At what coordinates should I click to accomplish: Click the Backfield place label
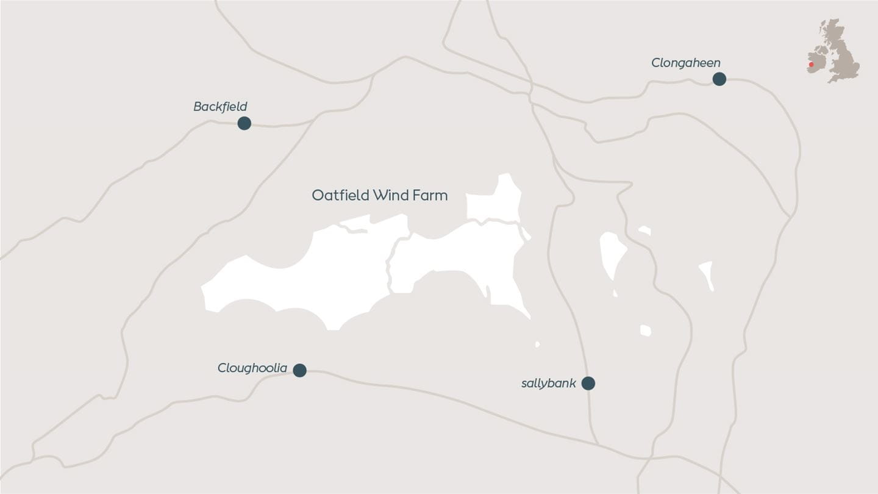point(220,107)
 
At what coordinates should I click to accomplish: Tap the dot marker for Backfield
point(244,123)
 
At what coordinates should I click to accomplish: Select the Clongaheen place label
point(685,63)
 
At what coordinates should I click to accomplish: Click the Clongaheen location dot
point(719,79)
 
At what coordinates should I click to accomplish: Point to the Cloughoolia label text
point(252,368)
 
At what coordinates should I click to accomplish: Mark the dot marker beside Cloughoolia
point(299,370)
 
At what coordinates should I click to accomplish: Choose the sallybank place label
point(548,384)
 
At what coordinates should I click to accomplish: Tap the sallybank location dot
point(588,383)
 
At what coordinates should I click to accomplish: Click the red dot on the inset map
point(811,65)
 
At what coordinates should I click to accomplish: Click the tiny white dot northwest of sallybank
point(537,345)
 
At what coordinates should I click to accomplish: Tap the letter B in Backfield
point(198,107)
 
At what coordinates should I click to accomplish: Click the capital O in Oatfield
point(317,195)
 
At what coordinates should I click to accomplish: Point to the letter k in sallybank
point(573,383)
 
